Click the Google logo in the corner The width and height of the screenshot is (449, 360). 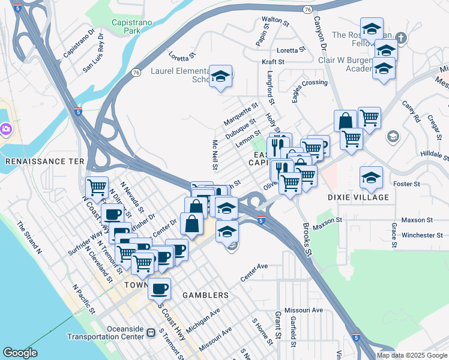pos(20,353)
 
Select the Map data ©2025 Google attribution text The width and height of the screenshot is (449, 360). pos(412,355)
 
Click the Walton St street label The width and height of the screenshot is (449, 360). pos(272,20)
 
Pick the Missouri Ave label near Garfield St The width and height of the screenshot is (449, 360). pos(304,310)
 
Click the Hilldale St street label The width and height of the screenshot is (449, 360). pos(434,155)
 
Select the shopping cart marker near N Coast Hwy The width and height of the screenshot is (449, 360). pos(97,187)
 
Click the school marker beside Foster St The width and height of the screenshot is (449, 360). pos(372,177)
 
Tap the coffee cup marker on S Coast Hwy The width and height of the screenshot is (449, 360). pos(159,289)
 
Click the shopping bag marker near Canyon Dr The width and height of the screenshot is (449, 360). pos(346,121)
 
